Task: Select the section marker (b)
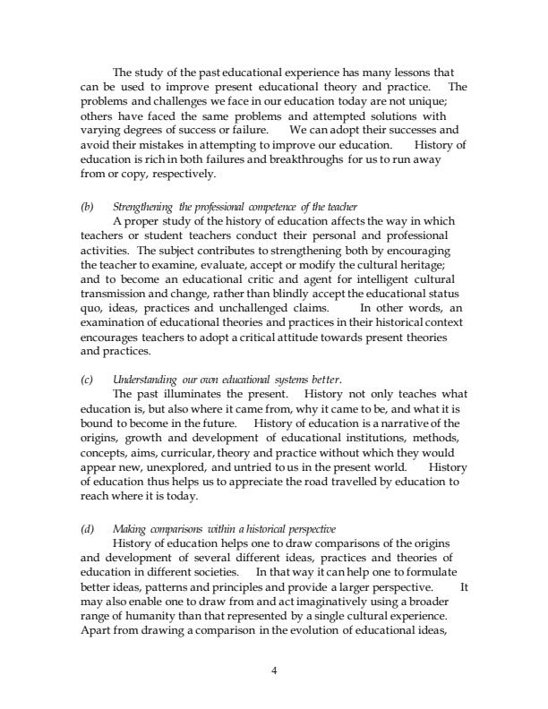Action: pyautogui.click(x=86, y=207)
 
